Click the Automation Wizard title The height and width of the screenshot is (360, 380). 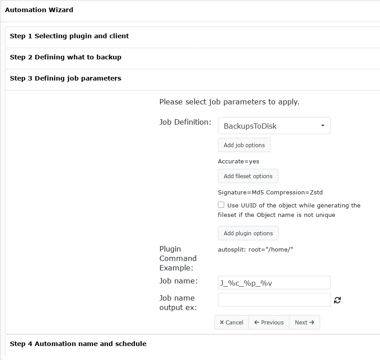pos(39,10)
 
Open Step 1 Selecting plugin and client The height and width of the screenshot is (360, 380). pos(69,36)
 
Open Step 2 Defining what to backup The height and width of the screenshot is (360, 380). pos(66,57)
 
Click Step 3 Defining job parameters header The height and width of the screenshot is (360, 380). pos(66,78)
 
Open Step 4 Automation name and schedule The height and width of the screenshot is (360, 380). pos(78,344)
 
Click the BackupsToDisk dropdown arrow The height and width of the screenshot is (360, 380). pos(323,126)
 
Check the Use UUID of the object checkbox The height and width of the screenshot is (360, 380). pos(221,205)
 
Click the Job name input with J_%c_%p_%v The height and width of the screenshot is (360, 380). pos(274,283)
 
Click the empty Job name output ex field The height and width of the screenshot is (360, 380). pos(274,300)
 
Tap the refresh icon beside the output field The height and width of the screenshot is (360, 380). pos(337,300)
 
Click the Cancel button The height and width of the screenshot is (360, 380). pos(231,322)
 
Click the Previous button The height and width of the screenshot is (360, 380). pos(269,322)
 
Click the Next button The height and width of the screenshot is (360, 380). pos(304,322)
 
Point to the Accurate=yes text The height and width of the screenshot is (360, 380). pos(239,161)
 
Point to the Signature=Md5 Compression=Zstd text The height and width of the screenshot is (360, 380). pos(270,192)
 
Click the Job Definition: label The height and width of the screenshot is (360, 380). pos(185,122)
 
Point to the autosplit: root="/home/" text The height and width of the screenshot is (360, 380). pos(255,249)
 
